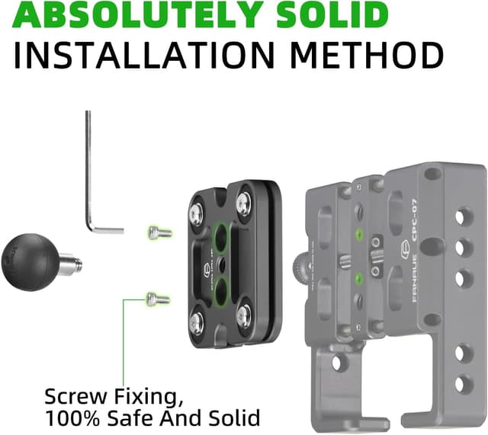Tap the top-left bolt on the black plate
tap(197, 206)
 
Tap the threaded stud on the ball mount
tap(68, 264)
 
